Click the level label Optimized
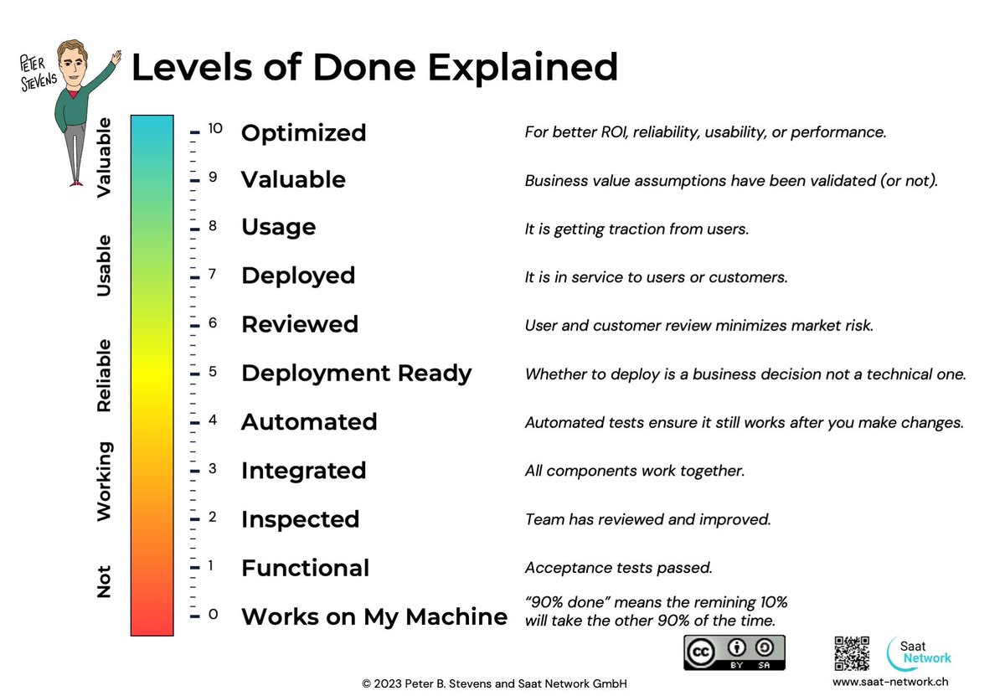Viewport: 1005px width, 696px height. tap(303, 133)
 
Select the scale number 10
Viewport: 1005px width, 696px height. tap(215, 129)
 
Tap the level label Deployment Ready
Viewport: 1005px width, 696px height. tap(356, 374)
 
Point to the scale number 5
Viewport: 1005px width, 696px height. tap(213, 371)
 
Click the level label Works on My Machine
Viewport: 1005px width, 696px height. tap(374, 617)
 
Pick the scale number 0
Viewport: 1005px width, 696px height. tap(213, 615)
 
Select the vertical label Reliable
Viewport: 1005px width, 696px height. tap(104, 375)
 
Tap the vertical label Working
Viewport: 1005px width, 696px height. tap(104, 482)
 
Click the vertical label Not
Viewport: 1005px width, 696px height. tap(104, 581)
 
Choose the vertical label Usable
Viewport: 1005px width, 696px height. tap(104, 266)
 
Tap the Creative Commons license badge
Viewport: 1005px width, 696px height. tap(734, 652)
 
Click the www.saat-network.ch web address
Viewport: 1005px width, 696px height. tap(890, 682)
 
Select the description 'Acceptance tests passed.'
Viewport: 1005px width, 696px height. tap(618, 568)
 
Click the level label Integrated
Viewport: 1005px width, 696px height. tap(303, 471)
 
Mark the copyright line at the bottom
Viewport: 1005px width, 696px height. tap(494, 683)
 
